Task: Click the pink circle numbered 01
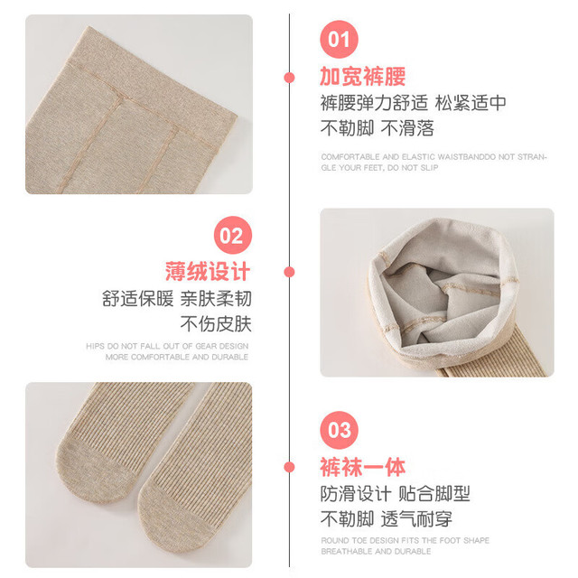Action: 339,39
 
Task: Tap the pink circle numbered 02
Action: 233,235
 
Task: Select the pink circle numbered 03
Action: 339,430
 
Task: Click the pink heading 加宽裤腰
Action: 363,77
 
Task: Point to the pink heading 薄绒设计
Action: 208,272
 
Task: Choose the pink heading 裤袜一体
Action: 363,467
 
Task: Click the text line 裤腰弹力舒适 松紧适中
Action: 414,103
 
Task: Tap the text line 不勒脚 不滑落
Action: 378,128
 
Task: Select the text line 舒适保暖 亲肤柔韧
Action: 177,299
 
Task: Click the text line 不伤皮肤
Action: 216,324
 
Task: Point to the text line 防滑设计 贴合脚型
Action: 396,494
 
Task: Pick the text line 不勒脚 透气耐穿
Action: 386,519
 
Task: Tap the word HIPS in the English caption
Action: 95,346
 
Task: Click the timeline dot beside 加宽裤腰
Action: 289,78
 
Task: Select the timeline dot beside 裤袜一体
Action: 289,467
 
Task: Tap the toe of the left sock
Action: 92,471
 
